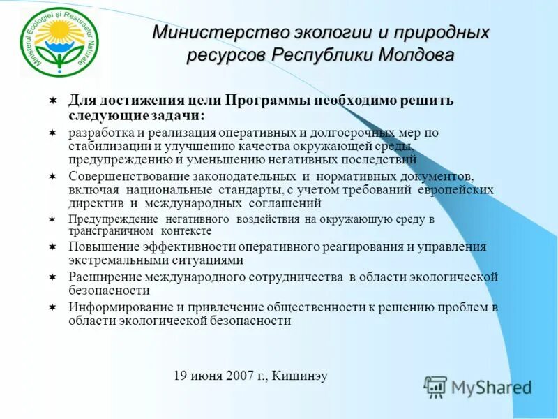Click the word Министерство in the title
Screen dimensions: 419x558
[x=207, y=33]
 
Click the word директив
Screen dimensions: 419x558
[x=96, y=203]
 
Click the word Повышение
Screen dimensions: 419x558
[x=100, y=247]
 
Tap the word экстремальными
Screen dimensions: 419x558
[x=114, y=260]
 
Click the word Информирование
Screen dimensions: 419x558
[x=115, y=307]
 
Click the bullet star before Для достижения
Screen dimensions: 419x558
[x=53, y=101]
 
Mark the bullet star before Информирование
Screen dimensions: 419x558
[x=53, y=307]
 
